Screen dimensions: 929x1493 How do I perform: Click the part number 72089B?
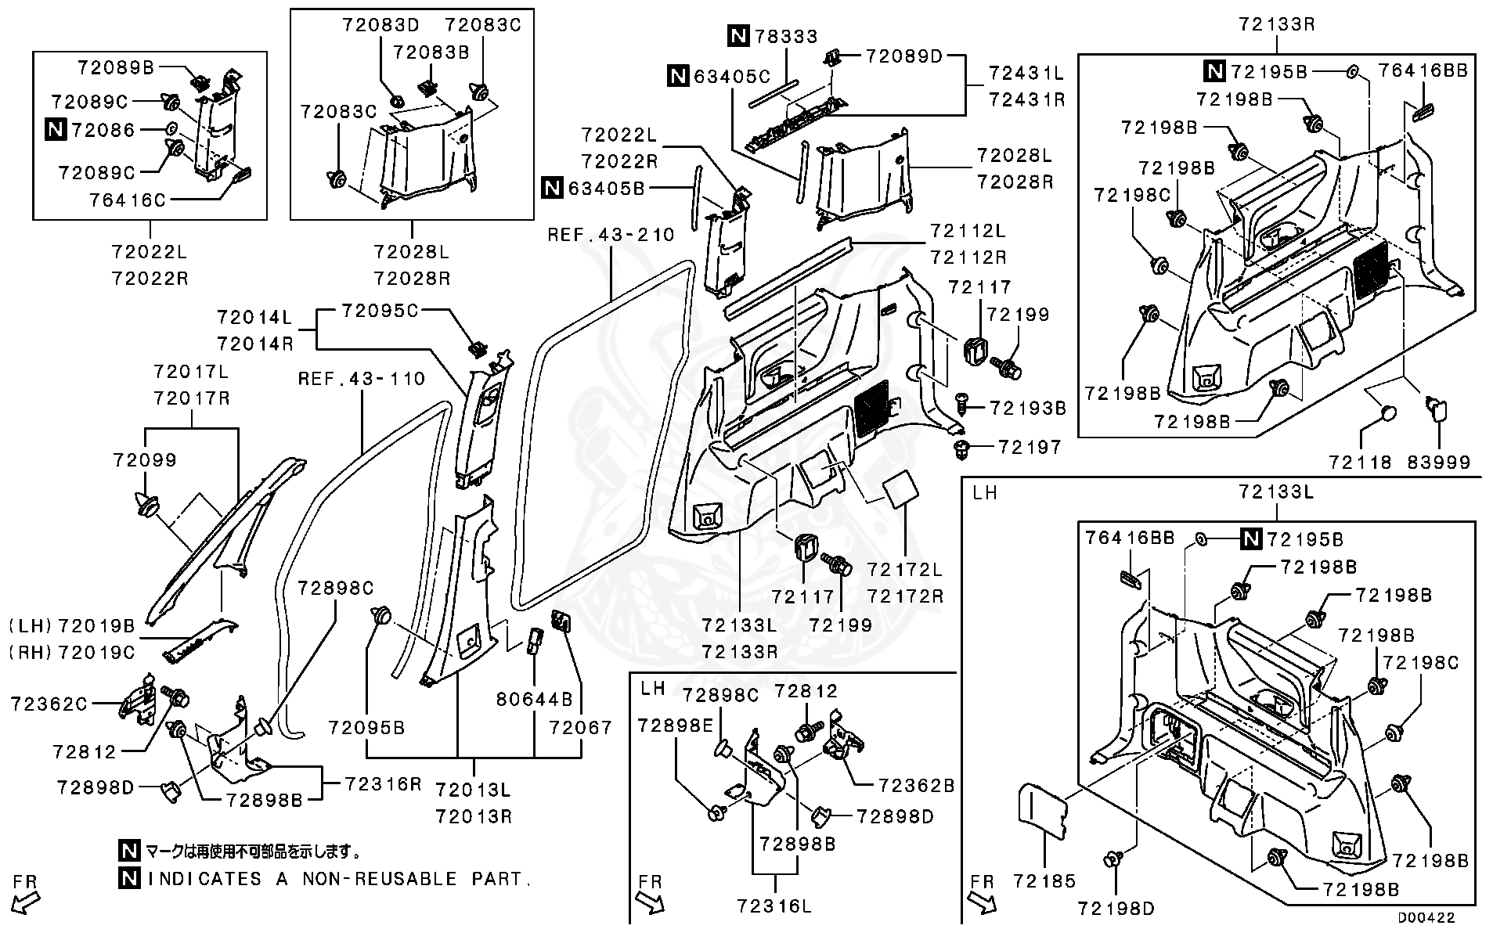tap(116, 68)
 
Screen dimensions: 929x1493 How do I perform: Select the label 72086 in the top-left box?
tap(103, 130)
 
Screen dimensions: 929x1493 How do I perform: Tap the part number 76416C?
tap(127, 200)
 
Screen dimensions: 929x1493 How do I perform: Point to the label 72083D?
tap(380, 25)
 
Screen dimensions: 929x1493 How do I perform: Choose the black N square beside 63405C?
tap(678, 76)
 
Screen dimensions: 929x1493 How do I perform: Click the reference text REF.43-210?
tap(611, 235)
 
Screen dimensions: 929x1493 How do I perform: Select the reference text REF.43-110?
tap(362, 380)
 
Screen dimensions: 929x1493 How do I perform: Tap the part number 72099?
tap(145, 460)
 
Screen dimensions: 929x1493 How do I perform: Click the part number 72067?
tap(580, 728)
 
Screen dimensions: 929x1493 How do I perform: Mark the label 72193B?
tap(1028, 408)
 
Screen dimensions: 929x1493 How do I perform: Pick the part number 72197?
tap(1030, 448)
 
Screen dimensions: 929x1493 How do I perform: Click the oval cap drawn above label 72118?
tap(1384, 413)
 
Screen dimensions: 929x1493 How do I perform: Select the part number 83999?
tap(1438, 463)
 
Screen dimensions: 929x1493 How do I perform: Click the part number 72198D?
tap(1115, 909)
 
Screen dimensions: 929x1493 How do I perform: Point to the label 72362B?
tap(916, 786)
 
